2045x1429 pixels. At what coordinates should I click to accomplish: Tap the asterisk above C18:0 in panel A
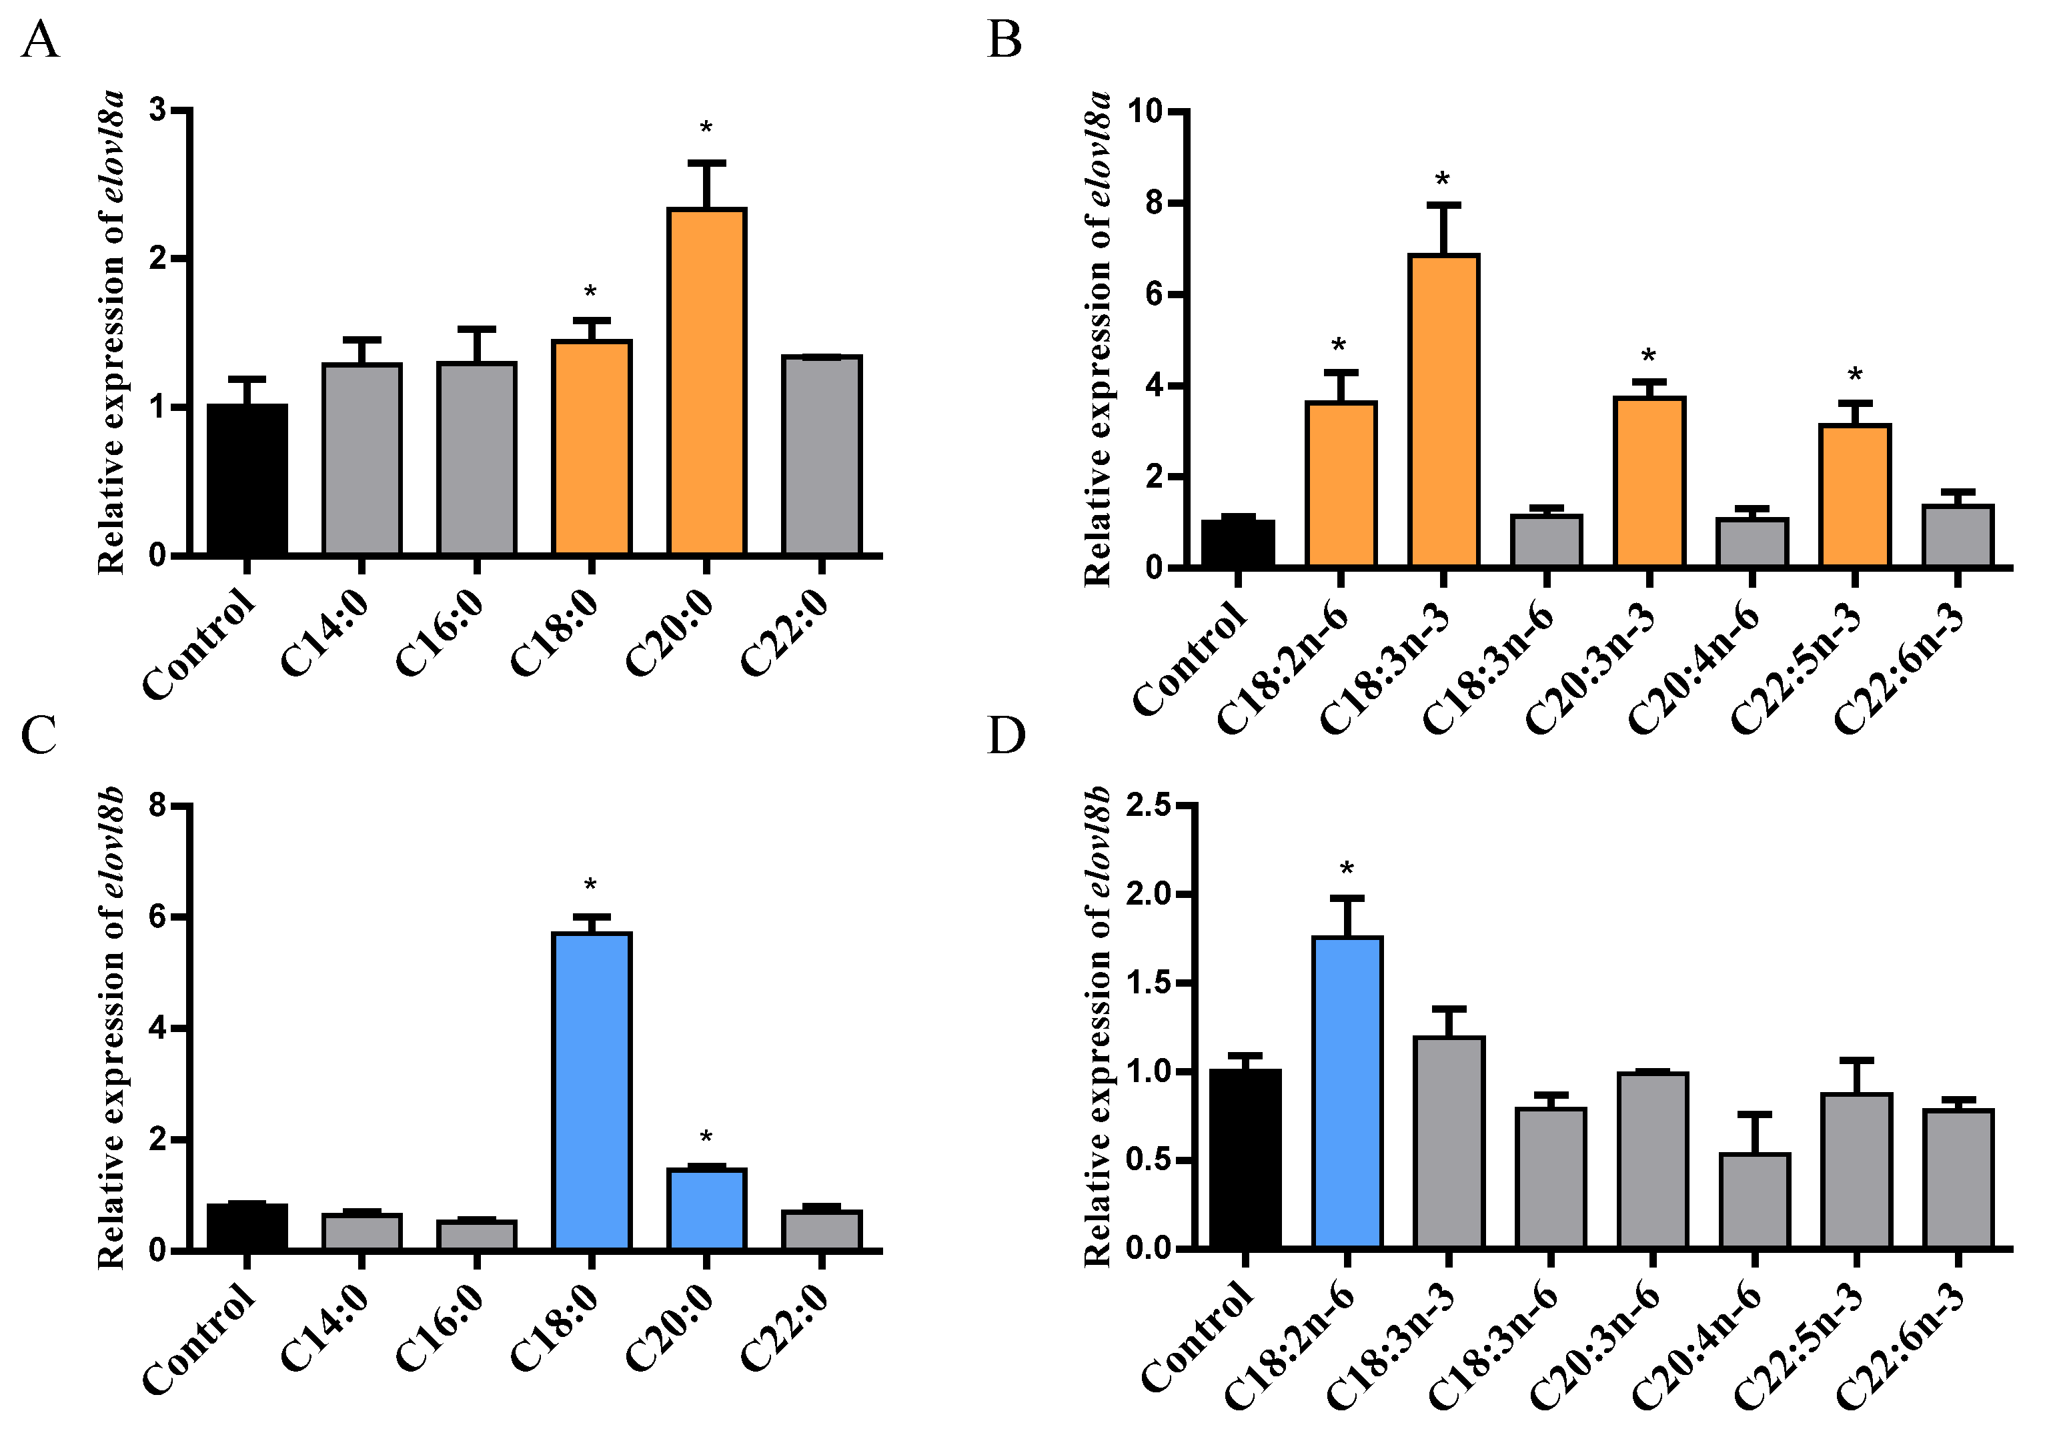[x=590, y=292]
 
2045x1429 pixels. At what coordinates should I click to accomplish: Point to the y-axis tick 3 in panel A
[x=157, y=111]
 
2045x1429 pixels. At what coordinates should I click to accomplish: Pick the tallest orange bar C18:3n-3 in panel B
[x=1443, y=410]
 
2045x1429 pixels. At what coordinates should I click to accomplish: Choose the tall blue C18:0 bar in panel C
[x=592, y=1091]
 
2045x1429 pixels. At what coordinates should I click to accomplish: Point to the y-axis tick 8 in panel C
[x=157, y=807]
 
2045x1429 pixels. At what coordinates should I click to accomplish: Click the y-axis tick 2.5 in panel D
[x=1149, y=807]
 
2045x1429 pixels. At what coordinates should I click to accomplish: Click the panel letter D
[x=1006, y=736]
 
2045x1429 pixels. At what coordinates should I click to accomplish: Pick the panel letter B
[x=1004, y=41]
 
